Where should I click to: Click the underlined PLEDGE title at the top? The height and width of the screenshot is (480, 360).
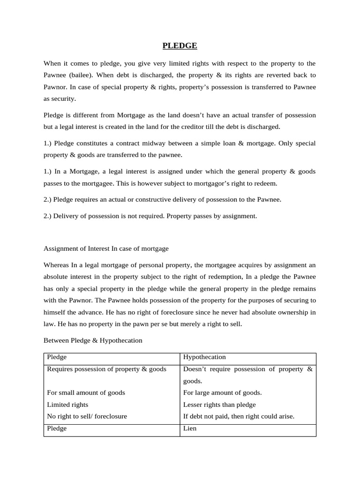point(180,45)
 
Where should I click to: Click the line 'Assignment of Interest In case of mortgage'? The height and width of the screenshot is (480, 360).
point(106,248)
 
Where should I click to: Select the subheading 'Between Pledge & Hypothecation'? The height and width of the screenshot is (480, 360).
point(93,340)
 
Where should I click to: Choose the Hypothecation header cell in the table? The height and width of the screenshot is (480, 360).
point(204,357)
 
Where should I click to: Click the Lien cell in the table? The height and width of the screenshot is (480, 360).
point(190,428)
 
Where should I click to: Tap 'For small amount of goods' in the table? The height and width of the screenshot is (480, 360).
point(86,392)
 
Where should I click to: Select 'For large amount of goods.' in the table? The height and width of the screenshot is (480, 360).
point(222,392)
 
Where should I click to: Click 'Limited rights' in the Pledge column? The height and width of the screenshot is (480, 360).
point(67,405)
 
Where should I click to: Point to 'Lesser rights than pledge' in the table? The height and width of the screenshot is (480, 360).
point(219,405)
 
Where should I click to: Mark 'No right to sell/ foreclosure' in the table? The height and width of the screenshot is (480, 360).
point(87,416)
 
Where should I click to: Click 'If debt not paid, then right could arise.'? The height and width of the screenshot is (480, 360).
point(239,416)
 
